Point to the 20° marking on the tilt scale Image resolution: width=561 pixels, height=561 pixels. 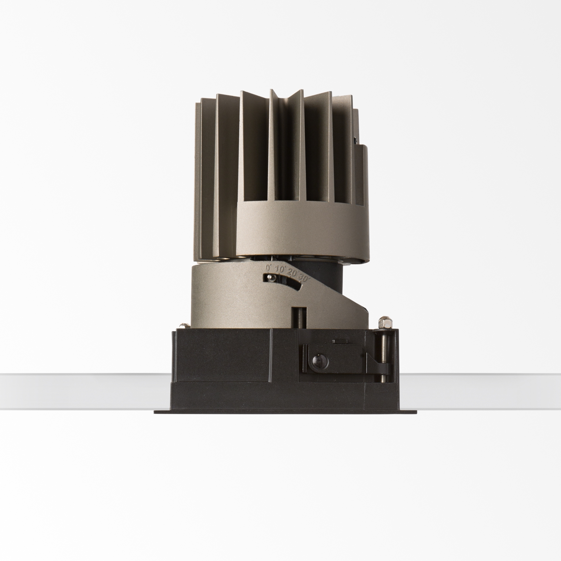point(291,272)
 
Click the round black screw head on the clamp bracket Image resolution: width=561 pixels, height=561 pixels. point(319,362)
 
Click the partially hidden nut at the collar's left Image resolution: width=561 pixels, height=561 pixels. point(183,326)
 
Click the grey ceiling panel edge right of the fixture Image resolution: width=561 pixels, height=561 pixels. point(479,390)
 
